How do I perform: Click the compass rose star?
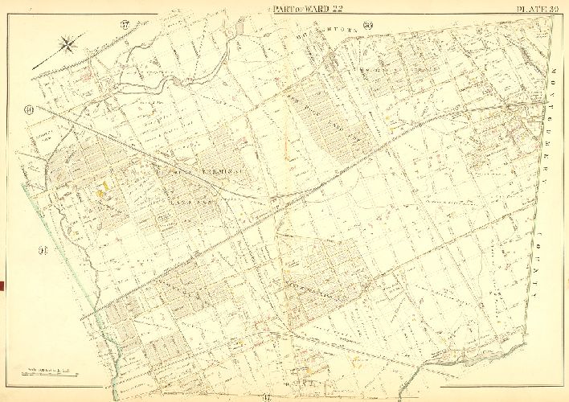pyautogui.click(x=68, y=45)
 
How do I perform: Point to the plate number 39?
pyautogui.click(x=554, y=8)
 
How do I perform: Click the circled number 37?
pyautogui.click(x=125, y=22)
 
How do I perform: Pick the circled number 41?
pyautogui.click(x=42, y=251)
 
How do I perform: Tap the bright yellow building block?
pyautogui.click(x=103, y=190)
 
